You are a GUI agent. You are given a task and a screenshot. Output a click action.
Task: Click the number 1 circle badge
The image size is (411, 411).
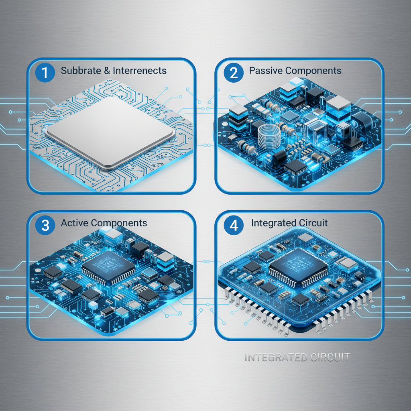tap(45, 72)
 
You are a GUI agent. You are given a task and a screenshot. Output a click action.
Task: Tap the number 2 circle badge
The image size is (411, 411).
tap(233, 72)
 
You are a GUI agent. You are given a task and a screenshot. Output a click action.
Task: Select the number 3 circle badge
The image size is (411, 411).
tap(45, 225)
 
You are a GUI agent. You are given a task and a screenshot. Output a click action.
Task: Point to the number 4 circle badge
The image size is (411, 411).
tap(233, 225)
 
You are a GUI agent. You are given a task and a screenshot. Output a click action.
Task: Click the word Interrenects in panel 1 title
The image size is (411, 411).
tap(139, 71)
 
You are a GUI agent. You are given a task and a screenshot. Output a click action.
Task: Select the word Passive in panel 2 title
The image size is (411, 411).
tap(266, 71)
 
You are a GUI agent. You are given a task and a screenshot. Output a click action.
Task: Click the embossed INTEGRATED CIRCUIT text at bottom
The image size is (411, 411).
tap(297, 357)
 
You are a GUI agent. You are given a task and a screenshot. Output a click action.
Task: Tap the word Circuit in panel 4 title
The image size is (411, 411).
tap(313, 223)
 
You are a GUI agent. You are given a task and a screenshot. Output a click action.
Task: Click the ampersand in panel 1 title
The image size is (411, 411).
tap(107, 71)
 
